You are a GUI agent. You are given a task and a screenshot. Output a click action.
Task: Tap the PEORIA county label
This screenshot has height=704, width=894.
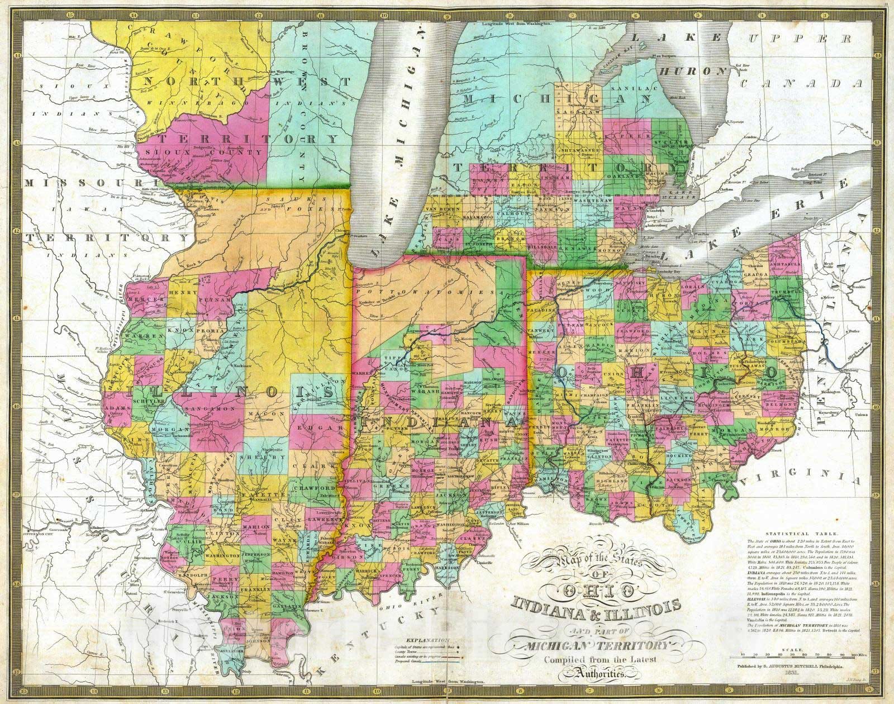tap(209, 330)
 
